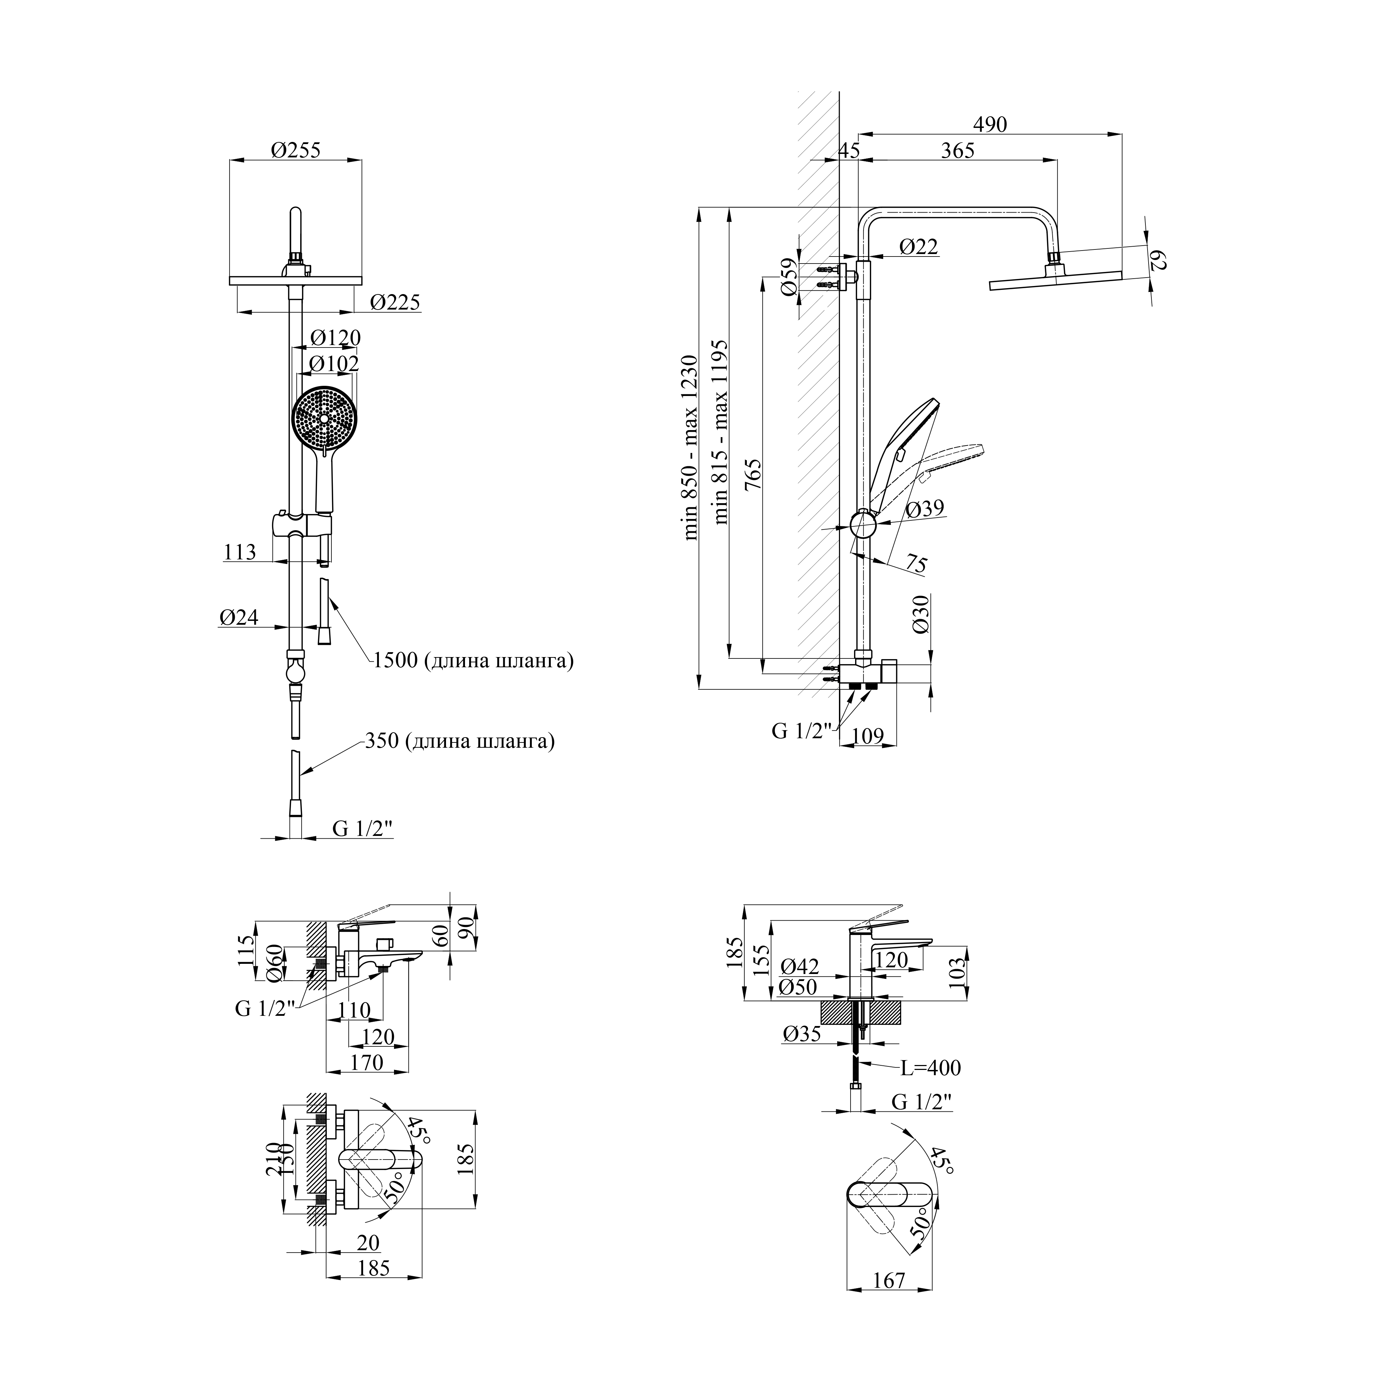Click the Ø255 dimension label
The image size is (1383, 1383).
[x=296, y=150]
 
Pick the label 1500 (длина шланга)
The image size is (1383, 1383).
[x=473, y=660]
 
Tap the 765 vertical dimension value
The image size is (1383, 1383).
[x=753, y=474]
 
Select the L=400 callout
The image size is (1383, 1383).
[x=931, y=1088]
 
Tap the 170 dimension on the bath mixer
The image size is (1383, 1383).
[x=367, y=1062]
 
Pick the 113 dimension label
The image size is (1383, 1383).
[x=240, y=552]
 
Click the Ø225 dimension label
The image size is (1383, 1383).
[x=395, y=302]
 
